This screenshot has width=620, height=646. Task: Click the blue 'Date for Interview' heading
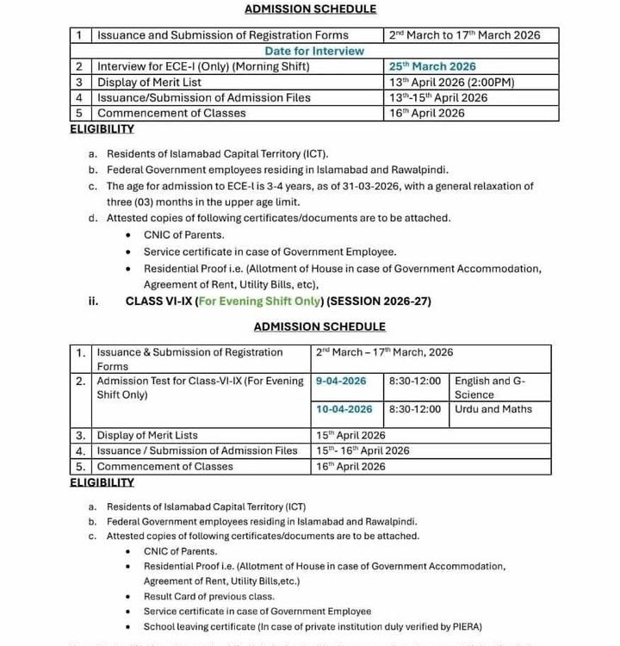(x=314, y=51)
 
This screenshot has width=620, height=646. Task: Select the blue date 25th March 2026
(x=431, y=66)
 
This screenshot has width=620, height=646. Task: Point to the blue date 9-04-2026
(x=341, y=381)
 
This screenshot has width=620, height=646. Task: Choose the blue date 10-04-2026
(x=344, y=409)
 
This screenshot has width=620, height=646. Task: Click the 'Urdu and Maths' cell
(x=493, y=409)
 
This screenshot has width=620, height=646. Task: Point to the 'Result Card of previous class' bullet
(x=209, y=597)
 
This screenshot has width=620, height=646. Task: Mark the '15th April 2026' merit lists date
(x=350, y=436)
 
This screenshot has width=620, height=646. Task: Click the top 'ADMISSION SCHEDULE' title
(x=310, y=9)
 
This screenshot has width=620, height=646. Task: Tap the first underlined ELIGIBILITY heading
(x=102, y=129)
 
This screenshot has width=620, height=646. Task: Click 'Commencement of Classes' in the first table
(x=171, y=113)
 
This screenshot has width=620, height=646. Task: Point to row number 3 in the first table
(x=78, y=82)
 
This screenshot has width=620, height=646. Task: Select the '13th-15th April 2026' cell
(x=437, y=97)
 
